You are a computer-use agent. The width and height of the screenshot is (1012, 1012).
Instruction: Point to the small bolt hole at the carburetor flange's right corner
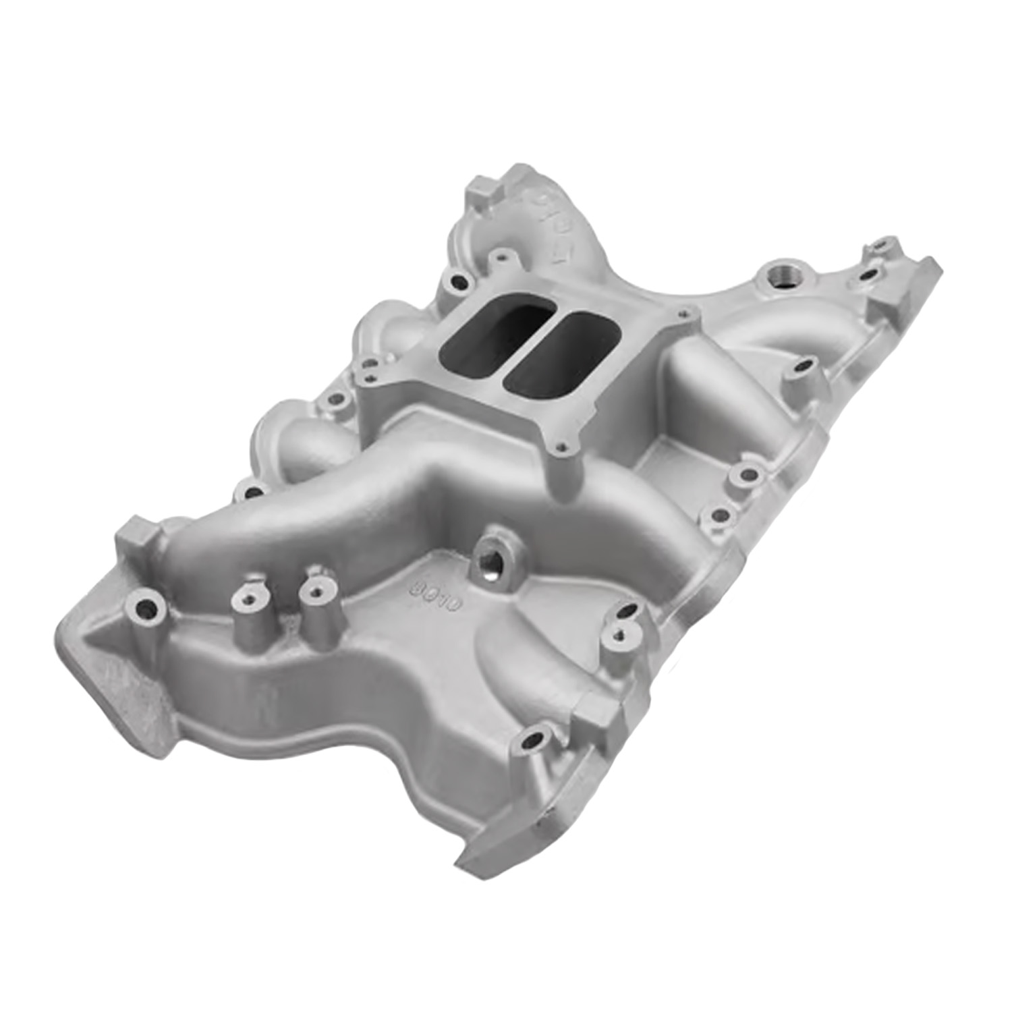685,313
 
